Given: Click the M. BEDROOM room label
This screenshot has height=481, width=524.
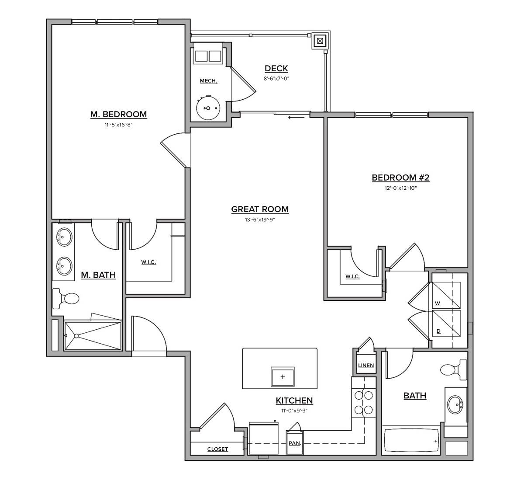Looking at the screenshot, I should coord(118,115).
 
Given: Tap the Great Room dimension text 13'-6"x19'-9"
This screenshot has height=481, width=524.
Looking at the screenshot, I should coord(260,220).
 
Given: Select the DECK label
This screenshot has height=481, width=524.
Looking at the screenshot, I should coord(276,69).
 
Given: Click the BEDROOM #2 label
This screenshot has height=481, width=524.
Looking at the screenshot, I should coord(401,178).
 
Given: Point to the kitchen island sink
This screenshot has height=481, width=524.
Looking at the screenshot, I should coord(283,376).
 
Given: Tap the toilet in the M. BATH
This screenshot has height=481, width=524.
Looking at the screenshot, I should coord(66,299).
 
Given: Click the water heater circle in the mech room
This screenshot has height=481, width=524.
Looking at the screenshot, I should coord(209,108).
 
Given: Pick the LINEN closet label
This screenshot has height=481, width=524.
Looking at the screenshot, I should coord(366,366).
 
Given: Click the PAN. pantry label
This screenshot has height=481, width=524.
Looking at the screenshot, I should coord(295,443).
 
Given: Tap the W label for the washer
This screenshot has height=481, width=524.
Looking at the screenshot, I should coord(437,303).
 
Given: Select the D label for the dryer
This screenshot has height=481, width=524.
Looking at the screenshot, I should coord(438,331).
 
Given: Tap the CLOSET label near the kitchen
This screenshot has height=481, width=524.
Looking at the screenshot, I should coord(217,449).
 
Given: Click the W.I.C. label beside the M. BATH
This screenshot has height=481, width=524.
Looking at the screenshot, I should coord(148,262).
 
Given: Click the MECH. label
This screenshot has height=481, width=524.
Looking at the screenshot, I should coord(208,81).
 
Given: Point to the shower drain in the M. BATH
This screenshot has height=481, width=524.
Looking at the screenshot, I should coord(76,336).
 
